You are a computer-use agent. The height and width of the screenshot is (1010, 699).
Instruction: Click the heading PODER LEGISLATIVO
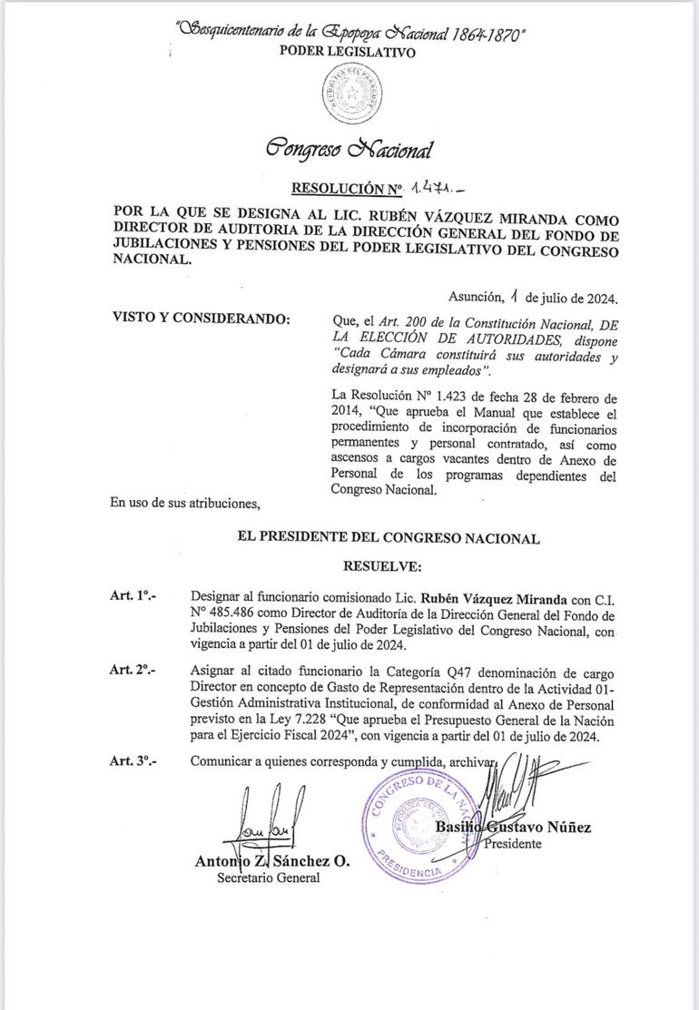[x=349, y=53]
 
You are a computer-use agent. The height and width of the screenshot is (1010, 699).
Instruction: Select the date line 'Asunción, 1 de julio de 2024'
[x=534, y=297]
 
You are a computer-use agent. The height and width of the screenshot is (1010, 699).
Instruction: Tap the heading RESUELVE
[x=382, y=566]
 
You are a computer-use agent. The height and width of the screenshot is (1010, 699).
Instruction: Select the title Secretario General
[x=268, y=878]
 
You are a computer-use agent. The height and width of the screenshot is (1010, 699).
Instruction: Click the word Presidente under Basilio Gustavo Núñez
[x=514, y=844]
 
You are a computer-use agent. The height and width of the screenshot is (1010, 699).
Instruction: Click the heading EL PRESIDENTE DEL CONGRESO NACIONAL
[x=389, y=538]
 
